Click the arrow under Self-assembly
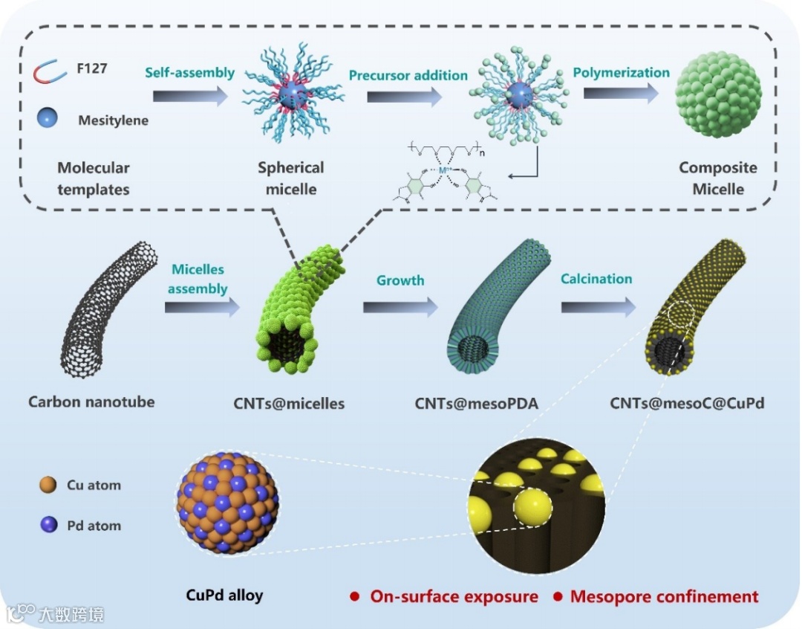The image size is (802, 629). tap(189, 95)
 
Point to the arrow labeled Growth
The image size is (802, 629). tap(400, 306)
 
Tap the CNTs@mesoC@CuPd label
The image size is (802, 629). tap(687, 403)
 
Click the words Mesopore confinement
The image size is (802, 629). tap(665, 596)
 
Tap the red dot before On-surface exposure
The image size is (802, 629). tap(355, 597)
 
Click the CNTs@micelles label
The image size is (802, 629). tap(289, 403)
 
